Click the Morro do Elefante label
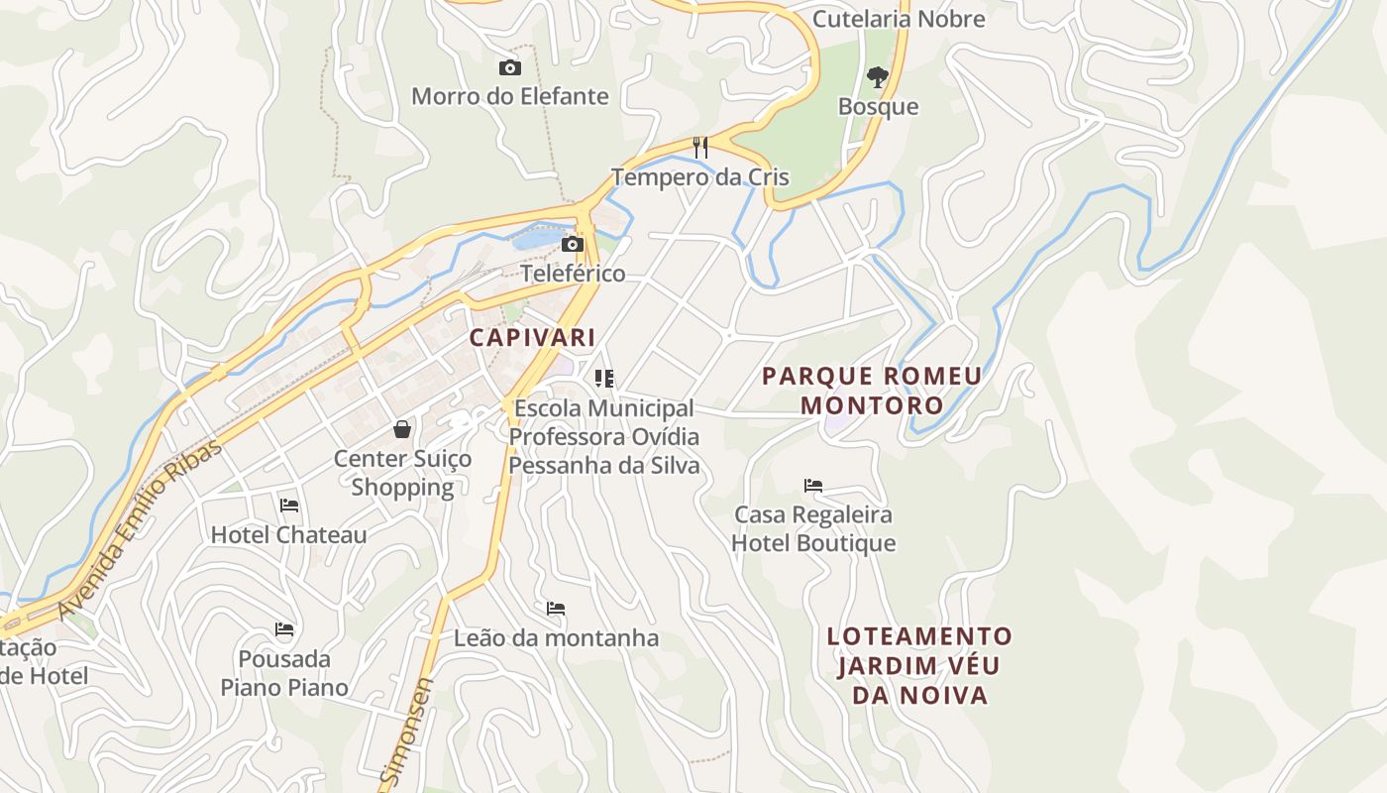(x=509, y=96)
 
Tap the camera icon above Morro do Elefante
(x=510, y=67)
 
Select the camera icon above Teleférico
(x=573, y=244)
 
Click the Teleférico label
(x=573, y=273)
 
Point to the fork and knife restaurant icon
(x=700, y=148)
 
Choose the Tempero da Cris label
(x=699, y=177)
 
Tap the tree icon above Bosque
(x=878, y=76)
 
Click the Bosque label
(x=878, y=106)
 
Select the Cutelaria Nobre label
(x=899, y=19)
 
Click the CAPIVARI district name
(x=533, y=337)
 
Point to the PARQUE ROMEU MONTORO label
(x=872, y=391)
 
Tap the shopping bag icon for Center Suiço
(x=402, y=429)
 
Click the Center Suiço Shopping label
(x=402, y=473)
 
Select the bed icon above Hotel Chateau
(x=289, y=506)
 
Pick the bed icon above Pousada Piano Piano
(x=284, y=629)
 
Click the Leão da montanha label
(x=556, y=637)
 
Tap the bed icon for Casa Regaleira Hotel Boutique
(x=813, y=486)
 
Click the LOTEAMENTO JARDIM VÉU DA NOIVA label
(x=920, y=665)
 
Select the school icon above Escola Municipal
(x=604, y=378)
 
